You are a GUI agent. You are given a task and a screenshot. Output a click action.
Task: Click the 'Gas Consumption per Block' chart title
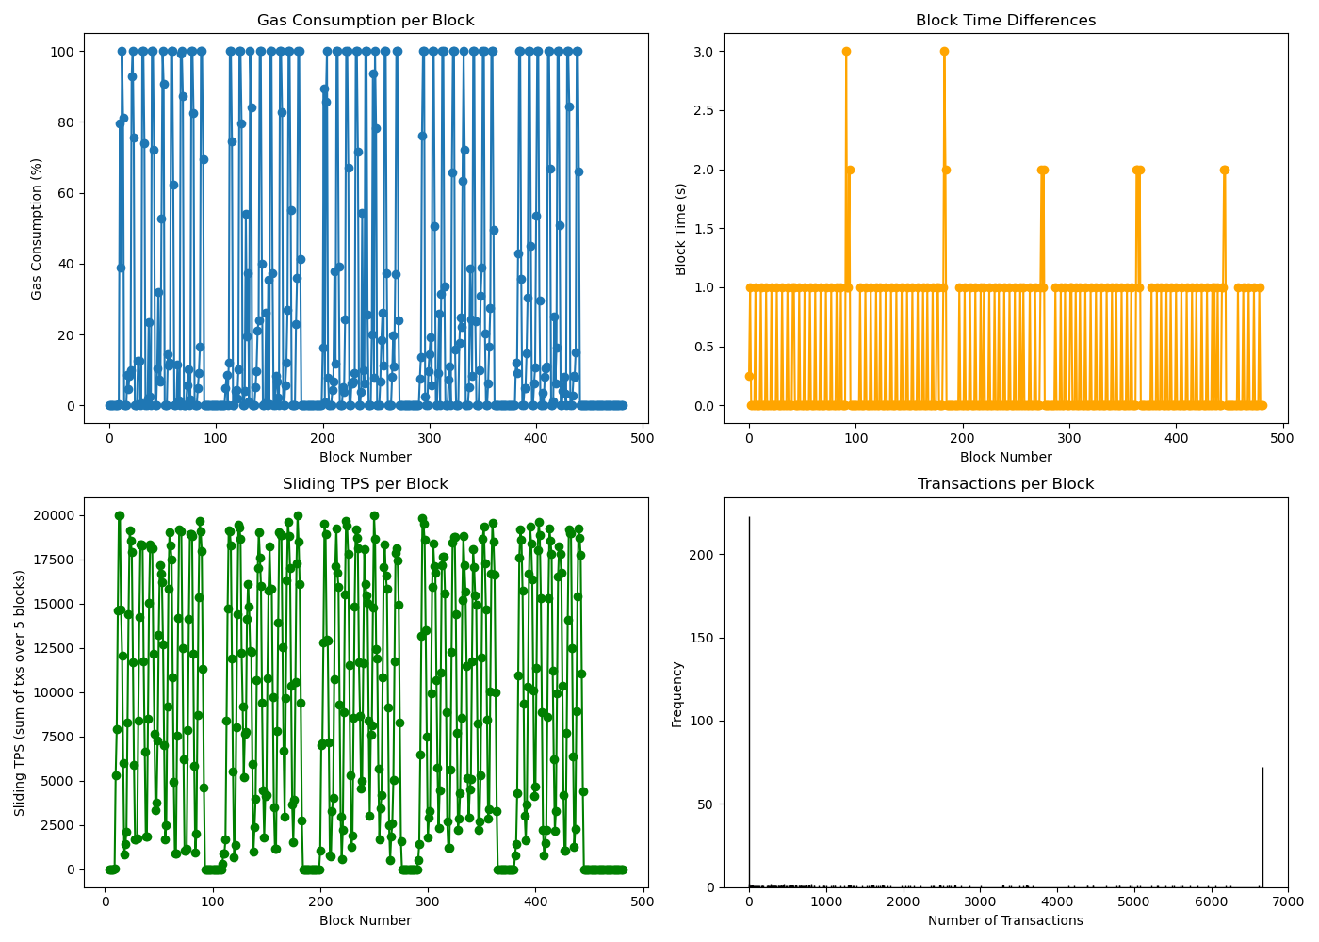366,21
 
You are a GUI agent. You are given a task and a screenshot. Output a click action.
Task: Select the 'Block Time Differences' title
1005,21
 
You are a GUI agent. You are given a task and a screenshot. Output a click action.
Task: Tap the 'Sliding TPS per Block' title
366,484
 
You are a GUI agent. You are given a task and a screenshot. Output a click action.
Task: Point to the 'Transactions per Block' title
1005,484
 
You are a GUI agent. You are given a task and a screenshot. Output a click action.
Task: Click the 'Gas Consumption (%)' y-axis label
37,229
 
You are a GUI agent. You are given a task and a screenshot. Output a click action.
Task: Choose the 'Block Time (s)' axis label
681,229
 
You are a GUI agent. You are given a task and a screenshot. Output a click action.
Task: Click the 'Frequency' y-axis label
676,693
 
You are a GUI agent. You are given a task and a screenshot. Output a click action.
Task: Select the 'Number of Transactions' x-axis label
1005,920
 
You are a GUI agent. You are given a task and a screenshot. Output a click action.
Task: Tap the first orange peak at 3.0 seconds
846,52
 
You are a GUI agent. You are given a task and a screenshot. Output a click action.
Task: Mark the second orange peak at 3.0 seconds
944,52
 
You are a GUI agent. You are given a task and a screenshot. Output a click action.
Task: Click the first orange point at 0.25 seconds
749,376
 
